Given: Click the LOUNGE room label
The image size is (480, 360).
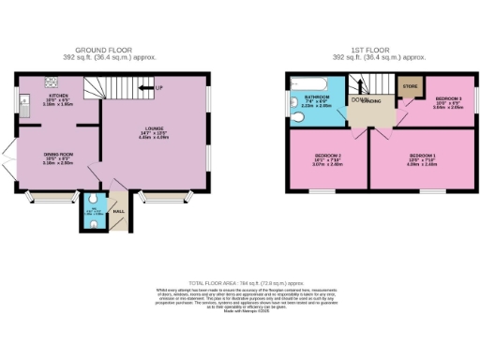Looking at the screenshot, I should coord(155,132).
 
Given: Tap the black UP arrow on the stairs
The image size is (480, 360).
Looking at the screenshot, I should coord(146,88).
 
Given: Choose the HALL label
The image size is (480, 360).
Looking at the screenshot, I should coord(119,212).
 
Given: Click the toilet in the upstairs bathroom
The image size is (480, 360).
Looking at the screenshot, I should coord(294,104).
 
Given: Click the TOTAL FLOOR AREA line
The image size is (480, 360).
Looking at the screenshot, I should coord(239,282).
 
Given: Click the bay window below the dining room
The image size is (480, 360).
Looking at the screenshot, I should coord(42,198).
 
